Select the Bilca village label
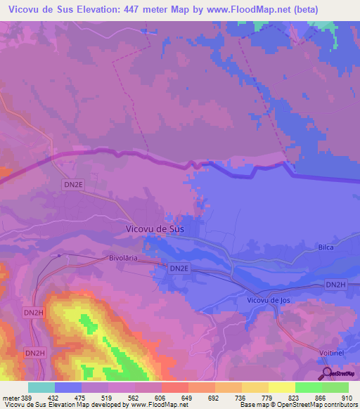point(325,247)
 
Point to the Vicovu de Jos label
point(269,300)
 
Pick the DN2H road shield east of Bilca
point(336,284)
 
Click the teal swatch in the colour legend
point(41,387)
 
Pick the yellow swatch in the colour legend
point(282,387)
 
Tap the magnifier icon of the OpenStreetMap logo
point(325,372)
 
